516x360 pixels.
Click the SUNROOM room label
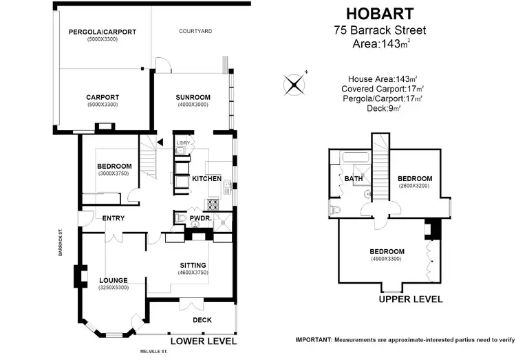193,97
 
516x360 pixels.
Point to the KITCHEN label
206,179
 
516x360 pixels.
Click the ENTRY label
114,218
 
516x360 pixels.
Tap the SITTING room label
193,265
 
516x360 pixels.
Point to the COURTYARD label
195,31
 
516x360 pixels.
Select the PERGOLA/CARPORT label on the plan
102,32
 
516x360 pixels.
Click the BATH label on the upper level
354,179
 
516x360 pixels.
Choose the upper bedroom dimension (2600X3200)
415,186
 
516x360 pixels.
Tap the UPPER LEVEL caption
411,299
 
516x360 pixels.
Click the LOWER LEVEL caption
203,341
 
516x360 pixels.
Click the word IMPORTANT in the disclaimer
313,340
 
